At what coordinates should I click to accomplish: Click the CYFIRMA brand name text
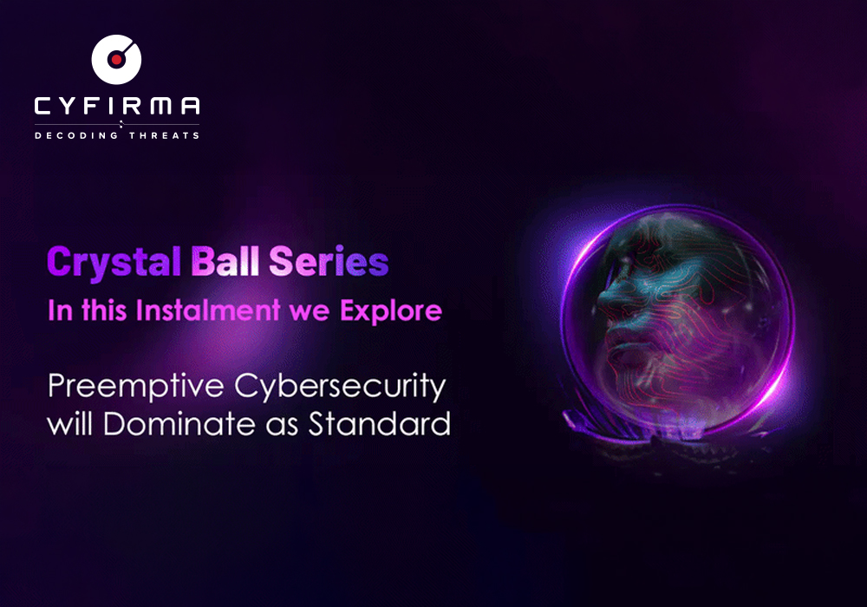117,106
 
